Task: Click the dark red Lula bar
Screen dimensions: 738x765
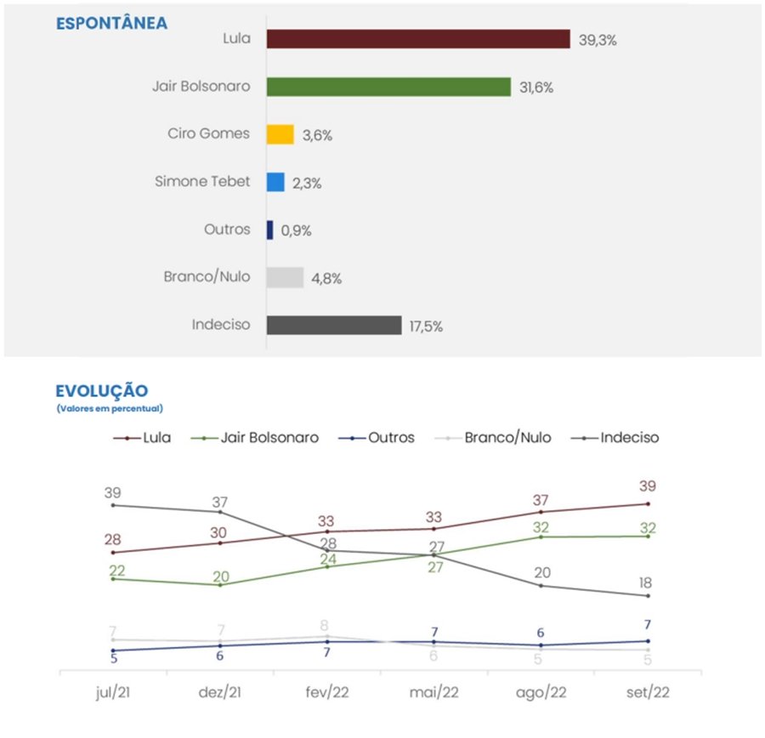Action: point(417,39)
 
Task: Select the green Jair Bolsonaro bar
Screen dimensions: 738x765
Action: point(388,87)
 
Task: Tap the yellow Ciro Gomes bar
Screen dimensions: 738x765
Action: point(280,134)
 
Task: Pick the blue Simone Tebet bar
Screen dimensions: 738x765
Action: point(275,182)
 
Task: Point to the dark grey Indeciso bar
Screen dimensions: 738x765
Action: point(333,326)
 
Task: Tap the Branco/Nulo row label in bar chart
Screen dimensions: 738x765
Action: point(207,276)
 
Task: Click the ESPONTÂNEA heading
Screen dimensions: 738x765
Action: point(111,24)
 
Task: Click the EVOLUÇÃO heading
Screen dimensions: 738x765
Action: point(101,391)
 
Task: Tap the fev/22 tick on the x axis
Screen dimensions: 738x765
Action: point(327,692)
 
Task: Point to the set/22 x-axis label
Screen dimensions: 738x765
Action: point(648,692)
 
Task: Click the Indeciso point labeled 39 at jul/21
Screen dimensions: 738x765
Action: point(113,505)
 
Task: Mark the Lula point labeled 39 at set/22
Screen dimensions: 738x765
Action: point(648,503)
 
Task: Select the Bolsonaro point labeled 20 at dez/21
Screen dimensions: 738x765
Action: point(220,585)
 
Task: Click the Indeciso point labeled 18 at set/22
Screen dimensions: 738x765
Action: point(648,595)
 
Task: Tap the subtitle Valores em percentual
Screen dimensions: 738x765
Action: point(110,409)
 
